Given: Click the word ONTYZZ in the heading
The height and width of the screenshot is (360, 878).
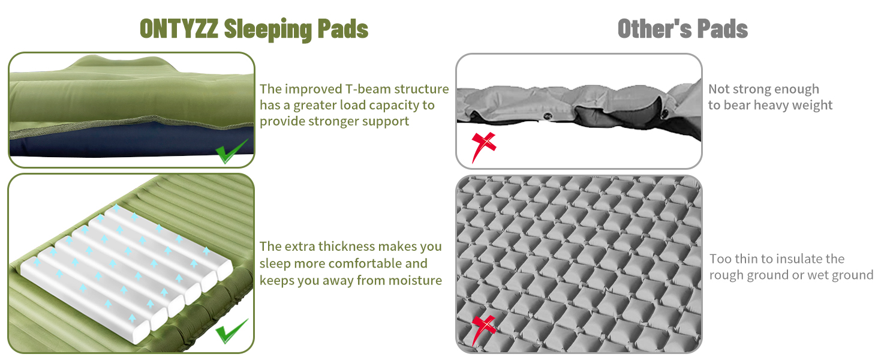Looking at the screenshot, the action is [179, 29].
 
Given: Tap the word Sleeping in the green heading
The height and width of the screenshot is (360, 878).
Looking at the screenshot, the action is [267, 30].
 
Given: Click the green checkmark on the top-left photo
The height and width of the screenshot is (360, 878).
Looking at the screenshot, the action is [231, 151].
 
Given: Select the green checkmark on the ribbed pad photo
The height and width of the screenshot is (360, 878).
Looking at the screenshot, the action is [231, 331].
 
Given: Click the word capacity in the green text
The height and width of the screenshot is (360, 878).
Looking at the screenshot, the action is [395, 106].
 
